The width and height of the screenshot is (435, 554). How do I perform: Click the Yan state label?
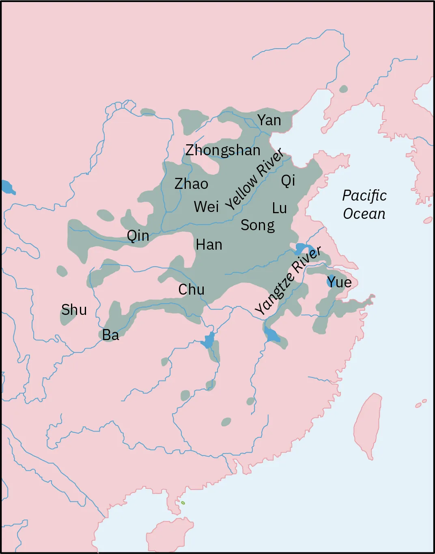pos(269,120)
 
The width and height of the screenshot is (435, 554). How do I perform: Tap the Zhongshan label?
pos(223,150)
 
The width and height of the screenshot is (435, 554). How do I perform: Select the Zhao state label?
pos(191,184)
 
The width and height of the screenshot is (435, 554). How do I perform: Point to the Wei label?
pos(206,207)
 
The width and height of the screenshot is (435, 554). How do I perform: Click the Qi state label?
pos(288,180)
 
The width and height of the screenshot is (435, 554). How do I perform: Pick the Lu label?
pos(279,208)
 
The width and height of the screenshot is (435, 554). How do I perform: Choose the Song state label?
pos(257,225)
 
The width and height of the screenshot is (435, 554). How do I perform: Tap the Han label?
pos(209,245)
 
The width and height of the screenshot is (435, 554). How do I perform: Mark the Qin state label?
pos(138,235)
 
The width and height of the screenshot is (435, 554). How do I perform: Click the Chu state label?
pos(191,289)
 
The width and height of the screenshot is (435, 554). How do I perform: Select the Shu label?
pos(74,310)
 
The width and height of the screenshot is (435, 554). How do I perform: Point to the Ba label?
pos(110,335)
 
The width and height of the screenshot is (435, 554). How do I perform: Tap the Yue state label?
pos(340,282)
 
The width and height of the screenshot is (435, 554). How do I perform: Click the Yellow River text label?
pos(254,179)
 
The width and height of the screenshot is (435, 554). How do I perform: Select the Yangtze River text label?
pos(288,280)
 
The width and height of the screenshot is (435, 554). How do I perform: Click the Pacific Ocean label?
pos(364,205)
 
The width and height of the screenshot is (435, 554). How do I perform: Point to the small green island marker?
pos(183,503)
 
